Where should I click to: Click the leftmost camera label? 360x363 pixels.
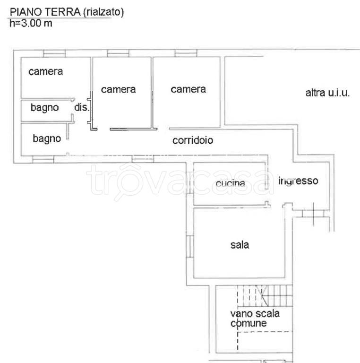pos(46,72)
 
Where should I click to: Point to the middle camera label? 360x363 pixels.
pos(118,89)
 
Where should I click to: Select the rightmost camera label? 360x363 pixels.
pos(188,89)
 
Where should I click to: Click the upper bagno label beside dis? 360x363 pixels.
pos(45,108)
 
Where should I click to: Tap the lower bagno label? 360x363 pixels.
pos(47,138)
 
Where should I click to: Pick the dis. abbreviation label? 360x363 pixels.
pos(81,108)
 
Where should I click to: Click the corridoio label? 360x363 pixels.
pos(193,140)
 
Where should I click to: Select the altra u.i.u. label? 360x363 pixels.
pos(327,93)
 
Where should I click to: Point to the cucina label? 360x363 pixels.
pos(230,183)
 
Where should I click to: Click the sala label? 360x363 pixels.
pos(240,245)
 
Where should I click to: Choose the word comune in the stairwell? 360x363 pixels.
pos(248,324)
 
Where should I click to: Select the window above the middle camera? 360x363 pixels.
pos(118,53)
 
